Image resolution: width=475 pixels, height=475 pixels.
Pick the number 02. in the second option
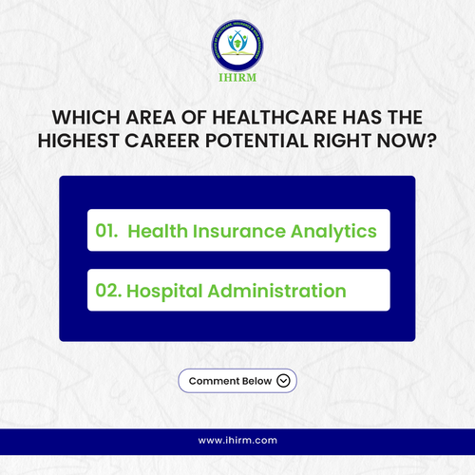tap(108, 291)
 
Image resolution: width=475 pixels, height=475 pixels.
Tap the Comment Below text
tap(230, 381)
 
